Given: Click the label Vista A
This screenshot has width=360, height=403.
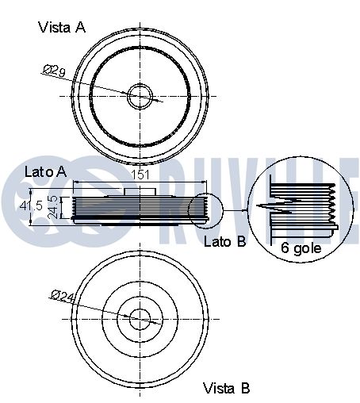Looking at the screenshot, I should point(62,27).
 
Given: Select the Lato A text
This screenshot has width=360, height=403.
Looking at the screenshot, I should point(45,171).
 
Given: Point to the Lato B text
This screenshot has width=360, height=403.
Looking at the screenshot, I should point(225,242).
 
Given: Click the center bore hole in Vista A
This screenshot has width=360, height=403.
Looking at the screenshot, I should point(140,96).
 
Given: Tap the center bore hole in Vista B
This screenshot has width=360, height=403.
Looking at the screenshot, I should point(140,319).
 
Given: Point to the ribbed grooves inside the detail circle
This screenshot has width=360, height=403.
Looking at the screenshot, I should point(317,208).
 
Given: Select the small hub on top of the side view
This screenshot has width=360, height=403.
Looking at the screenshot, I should point(140,191).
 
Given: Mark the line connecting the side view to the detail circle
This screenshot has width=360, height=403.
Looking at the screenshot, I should point(236,209).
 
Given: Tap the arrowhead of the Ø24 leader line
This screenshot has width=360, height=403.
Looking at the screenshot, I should point(131,316).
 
